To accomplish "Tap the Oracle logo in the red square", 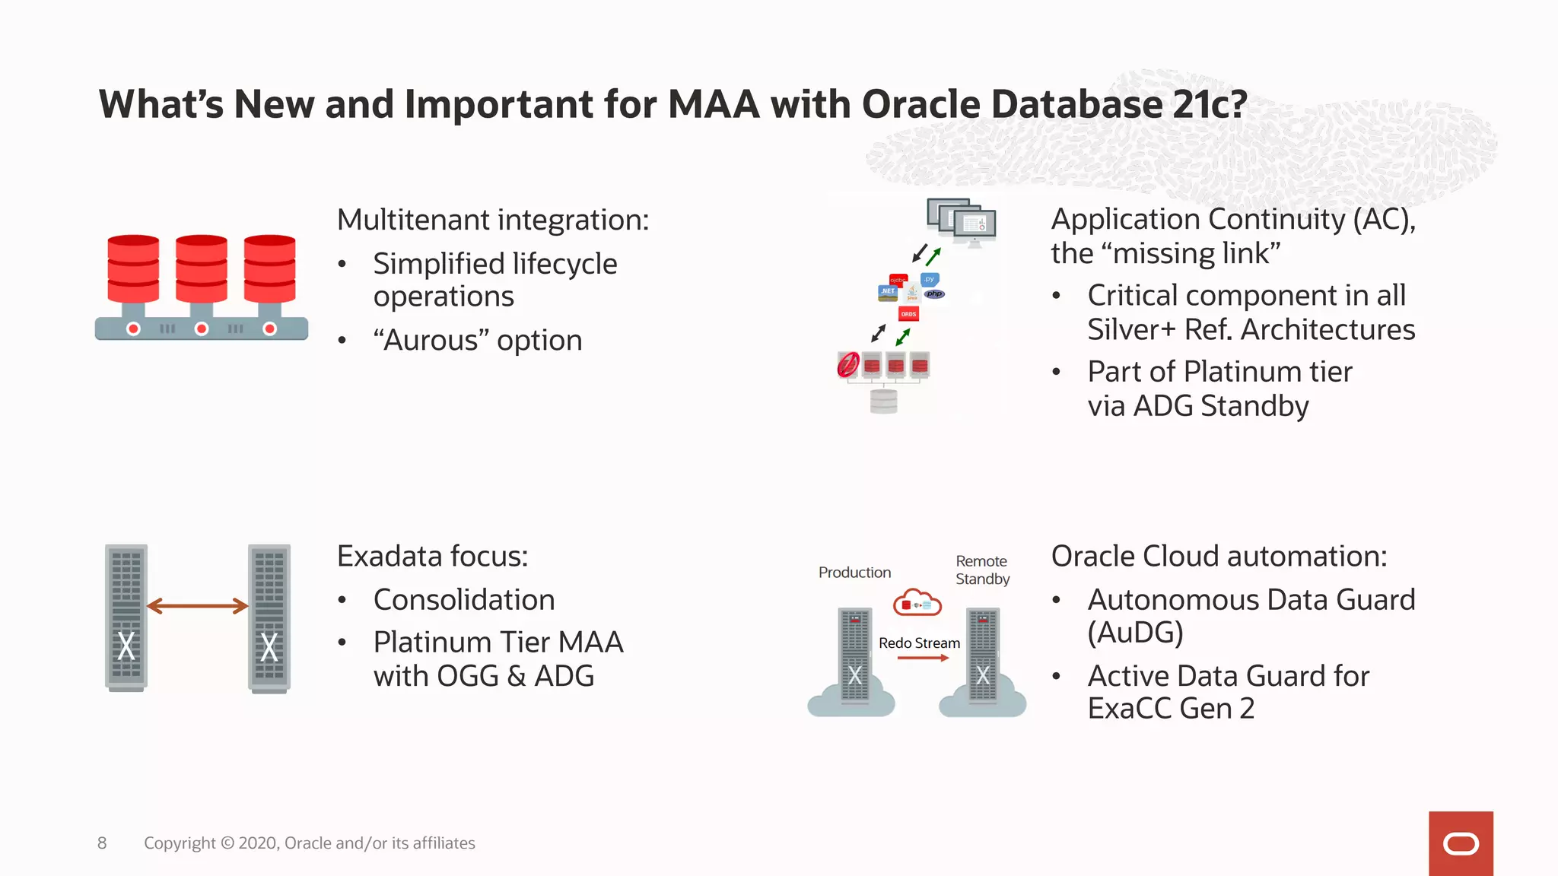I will click(x=1461, y=844).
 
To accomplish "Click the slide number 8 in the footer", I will click(x=102, y=843).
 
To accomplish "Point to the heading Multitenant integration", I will click(x=493, y=220).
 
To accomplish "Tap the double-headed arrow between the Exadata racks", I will click(x=198, y=606).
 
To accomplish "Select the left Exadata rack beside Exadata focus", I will click(x=126, y=617).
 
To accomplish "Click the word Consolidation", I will click(x=464, y=600).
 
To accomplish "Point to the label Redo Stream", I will click(x=919, y=643).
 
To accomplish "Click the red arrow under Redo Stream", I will click(x=923, y=658).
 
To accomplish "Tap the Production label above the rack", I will click(x=854, y=573).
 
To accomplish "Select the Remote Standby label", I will click(x=982, y=570).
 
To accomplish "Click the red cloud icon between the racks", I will click(x=917, y=603).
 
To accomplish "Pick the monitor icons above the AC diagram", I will click(x=962, y=221).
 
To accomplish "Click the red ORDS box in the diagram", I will click(x=908, y=314).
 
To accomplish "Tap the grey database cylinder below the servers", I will click(x=883, y=401).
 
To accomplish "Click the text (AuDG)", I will click(x=1135, y=633).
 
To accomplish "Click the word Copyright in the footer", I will click(x=180, y=843).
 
